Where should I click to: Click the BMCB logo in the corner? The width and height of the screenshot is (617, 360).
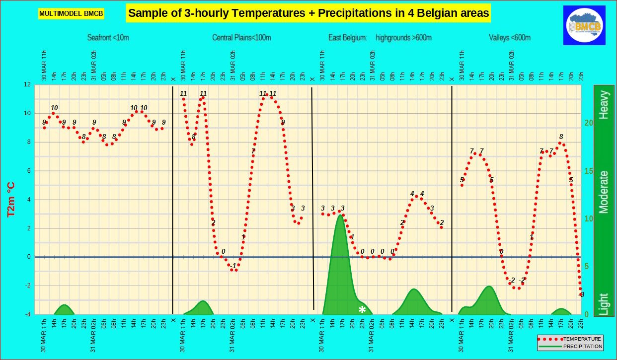click(x=584, y=25)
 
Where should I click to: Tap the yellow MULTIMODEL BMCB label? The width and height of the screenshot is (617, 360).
click(x=71, y=13)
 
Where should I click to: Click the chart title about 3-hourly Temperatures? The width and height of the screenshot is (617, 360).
click(x=308, y=13)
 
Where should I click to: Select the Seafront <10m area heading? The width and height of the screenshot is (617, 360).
click(x=108, y=38)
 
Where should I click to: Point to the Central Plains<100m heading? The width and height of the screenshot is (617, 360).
click(x=241, y=38)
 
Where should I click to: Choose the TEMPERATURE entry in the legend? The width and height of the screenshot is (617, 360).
click(x=582, y=339)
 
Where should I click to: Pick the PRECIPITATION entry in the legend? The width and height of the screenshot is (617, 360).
click(x=582, y=346)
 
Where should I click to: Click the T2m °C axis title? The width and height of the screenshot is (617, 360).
click(x=11, y=199)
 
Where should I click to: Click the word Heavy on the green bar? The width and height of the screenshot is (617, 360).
click(x=604, y=105)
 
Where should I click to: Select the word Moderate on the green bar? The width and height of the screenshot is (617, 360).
click(x=604, y=192)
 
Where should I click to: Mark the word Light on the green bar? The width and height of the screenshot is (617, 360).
click(x=604, y=304)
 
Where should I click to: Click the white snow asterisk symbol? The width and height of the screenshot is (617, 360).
click(x=362, y=310)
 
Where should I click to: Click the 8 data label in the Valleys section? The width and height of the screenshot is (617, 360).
click(x=561, y=137)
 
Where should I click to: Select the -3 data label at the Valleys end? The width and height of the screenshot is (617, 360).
click(x=581, y=294)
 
